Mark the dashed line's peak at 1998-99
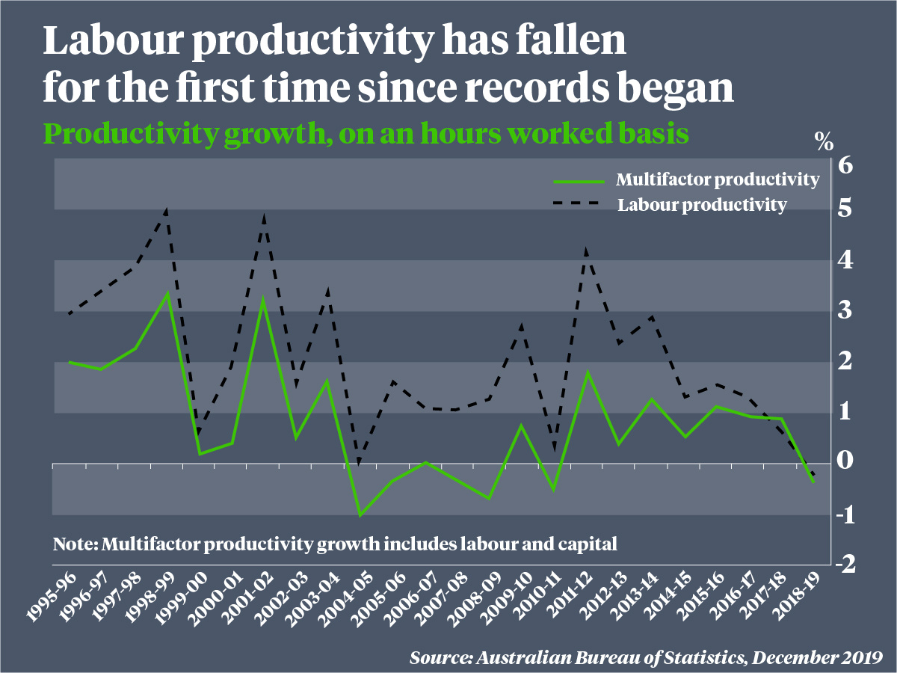tap(167, 210)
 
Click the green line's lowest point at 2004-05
tap(360, 515)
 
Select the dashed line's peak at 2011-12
tap(586, 251)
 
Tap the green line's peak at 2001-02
tap(264, 299)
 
